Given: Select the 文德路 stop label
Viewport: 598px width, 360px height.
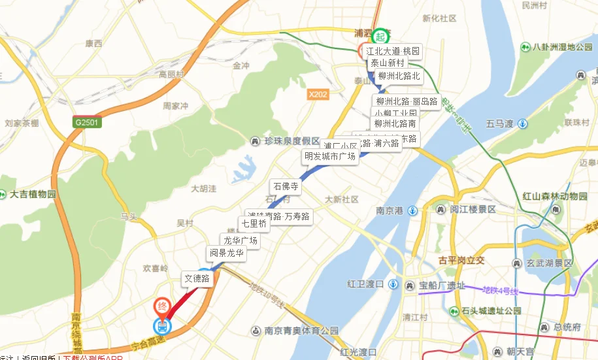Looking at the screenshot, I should tap(197, 278).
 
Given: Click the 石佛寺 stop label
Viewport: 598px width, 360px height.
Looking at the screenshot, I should tap(286, 186).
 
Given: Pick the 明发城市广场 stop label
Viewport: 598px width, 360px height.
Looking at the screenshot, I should tap(330, 157).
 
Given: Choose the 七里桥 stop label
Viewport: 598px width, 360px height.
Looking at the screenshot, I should tap(254, 223).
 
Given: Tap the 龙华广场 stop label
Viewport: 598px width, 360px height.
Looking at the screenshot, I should tap(241, 240).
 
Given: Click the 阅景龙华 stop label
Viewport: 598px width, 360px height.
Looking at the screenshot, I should tap(226, 253).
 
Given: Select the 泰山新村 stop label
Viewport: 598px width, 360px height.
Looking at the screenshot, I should tap(388, 63).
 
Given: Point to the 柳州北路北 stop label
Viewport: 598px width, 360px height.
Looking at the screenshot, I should tap(399, 76).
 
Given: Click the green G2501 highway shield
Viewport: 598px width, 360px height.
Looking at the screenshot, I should tap(86, 122).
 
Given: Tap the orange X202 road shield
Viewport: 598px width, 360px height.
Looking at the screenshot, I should tap(318, 95).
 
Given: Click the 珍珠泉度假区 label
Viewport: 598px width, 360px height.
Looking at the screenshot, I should tap(286, 141).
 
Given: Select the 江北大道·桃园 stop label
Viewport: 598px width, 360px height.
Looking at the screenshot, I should tap(393, 51).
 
